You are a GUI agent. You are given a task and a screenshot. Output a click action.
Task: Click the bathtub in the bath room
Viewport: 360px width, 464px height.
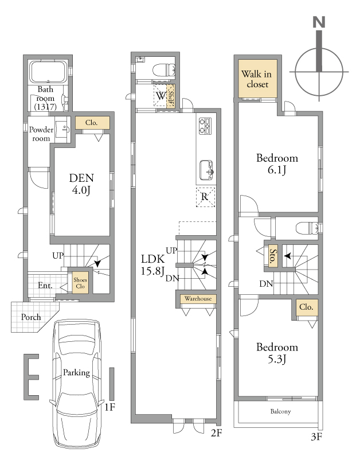click(48, 72)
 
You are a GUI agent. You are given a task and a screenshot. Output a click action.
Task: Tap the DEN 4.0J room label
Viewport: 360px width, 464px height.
click(81, 184)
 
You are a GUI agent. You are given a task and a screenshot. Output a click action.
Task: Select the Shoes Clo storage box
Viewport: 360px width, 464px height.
click(80, 283)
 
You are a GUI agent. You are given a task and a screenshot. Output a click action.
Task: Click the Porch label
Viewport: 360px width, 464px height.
click(31, 317)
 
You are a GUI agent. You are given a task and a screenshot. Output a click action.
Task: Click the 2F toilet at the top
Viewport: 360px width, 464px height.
click(163, 71)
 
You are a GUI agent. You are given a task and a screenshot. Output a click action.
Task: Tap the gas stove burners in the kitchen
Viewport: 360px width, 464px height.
click(205, 126)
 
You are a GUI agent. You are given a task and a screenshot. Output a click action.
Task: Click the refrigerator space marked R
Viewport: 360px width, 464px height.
click(205, 197)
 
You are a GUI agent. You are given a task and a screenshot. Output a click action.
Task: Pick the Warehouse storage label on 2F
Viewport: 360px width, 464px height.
click(198, 299)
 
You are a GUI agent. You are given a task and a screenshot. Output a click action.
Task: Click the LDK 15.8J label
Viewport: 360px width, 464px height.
click(152, 265)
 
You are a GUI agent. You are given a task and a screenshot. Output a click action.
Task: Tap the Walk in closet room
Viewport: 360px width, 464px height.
click(257, 79)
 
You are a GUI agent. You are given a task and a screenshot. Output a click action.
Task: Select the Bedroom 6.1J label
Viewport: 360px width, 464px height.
click(277, 163)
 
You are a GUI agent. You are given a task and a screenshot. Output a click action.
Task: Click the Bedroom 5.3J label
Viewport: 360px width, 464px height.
click(277, 353)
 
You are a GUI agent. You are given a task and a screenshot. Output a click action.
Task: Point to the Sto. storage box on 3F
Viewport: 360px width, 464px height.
click(273, 256)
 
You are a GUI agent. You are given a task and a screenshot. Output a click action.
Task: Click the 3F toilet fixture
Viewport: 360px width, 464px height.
click(308, 228)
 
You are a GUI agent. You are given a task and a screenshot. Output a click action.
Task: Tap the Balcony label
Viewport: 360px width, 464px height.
click(280, 411)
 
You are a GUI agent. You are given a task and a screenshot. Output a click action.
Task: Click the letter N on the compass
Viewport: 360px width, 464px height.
click(319, 22)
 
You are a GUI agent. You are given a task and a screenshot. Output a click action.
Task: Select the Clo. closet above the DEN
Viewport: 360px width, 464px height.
click(92, 123)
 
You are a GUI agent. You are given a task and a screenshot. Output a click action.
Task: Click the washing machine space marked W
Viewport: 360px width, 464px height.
click(161, 96)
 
